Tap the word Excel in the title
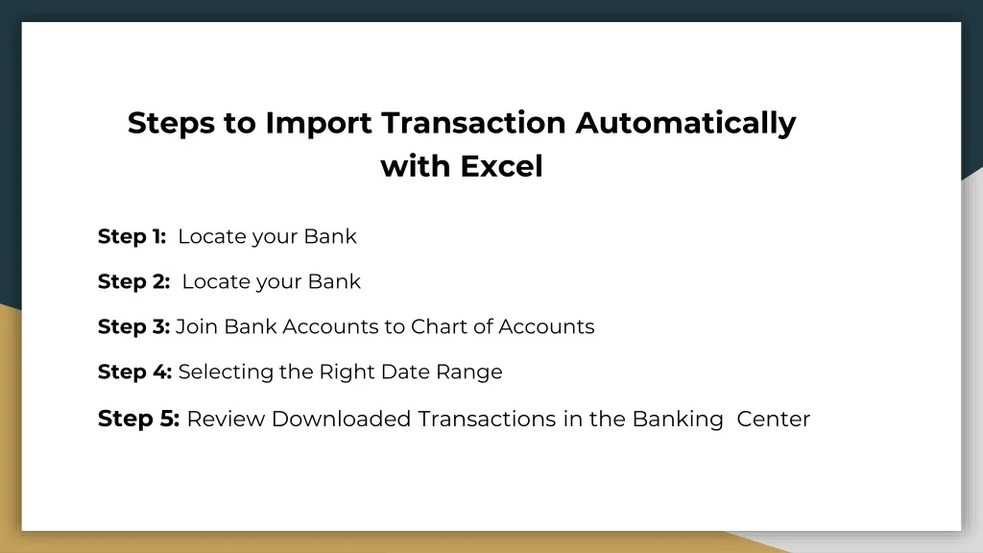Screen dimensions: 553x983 pos(501,167)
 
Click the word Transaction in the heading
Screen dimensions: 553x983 pos(473,124)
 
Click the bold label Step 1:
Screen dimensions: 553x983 pos(132,236)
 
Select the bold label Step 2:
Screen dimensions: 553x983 pos(133,281)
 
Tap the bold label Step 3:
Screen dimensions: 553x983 pos(133,326)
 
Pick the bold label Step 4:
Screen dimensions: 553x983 pos(134,372)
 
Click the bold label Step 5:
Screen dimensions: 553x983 pos(138,419)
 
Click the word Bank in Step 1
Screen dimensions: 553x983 pos(330,236)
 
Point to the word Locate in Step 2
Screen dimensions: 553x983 pos(214,281)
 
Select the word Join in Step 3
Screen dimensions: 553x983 pos(197,326)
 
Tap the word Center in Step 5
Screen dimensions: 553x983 pos(774,419)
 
